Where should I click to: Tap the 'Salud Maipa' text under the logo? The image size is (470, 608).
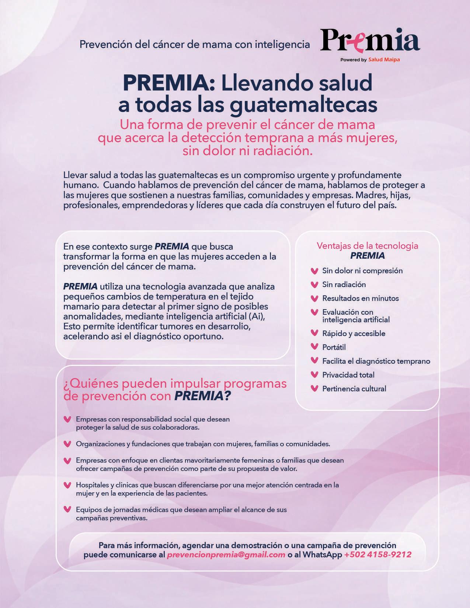[384, 60]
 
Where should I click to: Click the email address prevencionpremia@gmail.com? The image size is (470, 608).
[226, 555]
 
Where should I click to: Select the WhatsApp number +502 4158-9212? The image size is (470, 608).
[378, 555]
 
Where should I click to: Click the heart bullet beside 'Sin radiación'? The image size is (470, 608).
[314, 284]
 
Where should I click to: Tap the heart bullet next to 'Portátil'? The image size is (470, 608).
[314, 347]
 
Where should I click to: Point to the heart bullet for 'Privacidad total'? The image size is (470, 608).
[314, 375]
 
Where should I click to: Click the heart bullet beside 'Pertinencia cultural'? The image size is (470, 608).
[314, 388]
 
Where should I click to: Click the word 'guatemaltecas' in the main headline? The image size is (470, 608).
[303, 104]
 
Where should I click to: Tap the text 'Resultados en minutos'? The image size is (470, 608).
[360, 298]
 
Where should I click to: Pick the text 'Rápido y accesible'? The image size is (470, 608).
[354, 333]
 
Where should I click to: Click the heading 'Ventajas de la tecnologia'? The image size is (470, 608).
[367, 246]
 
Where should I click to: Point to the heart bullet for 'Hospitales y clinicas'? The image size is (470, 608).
[67, 485]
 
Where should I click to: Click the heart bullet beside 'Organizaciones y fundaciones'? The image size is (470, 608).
[67, 444]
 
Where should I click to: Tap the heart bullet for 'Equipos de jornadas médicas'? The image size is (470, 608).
[67, 510]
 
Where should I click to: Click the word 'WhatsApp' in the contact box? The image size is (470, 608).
[323, 555]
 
